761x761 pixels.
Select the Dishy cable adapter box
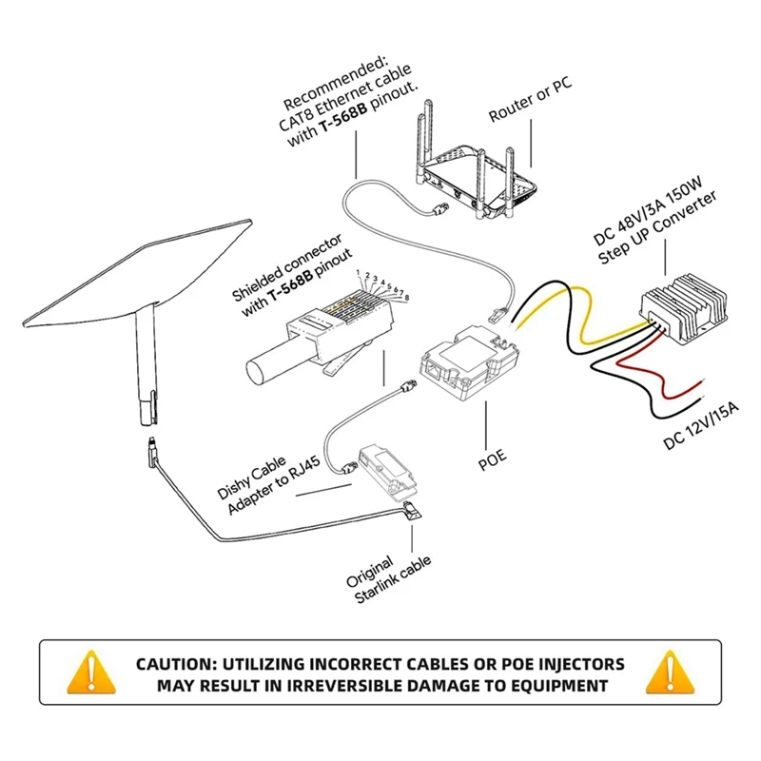click(390, 472)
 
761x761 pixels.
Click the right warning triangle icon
click(668, 673)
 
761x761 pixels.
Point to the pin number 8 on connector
click(407, 298)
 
